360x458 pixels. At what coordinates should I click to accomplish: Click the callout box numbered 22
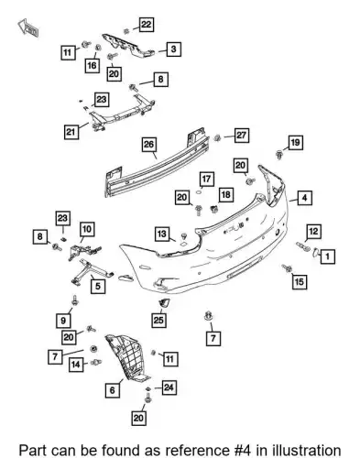147,25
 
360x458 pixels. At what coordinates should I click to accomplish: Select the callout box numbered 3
173,49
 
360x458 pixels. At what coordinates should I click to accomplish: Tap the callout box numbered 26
149,145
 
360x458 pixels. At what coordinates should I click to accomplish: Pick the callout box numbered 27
242,136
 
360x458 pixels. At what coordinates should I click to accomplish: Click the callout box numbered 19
295,142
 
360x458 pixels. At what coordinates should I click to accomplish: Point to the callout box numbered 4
305,198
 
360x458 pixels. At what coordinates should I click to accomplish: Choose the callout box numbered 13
162,234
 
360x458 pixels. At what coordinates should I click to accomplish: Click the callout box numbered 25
158,321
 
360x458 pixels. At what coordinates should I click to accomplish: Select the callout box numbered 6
113,390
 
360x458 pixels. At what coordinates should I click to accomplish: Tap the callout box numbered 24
169,387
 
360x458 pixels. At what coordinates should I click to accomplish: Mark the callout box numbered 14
76,364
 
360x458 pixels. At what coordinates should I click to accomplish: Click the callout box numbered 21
71,132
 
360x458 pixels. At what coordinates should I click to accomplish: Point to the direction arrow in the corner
28,27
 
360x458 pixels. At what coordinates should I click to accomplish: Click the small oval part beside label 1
315,253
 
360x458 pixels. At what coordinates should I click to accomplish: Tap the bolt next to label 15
287,268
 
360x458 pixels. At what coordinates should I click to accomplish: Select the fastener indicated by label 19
279,154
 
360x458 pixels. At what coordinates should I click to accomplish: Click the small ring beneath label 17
199,192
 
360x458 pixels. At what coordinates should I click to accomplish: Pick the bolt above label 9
74,300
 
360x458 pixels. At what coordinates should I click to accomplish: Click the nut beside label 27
217,137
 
